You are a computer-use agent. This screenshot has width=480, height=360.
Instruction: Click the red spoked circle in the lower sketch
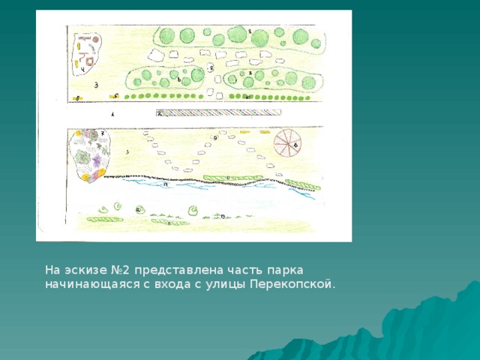click(x=284, y=143)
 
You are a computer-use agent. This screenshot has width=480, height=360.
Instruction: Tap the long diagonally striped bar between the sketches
click(x=218, y=112)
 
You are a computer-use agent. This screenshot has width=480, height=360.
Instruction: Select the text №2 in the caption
click(x=113, y=269)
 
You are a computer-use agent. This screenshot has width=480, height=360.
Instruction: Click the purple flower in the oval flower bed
click(x=96, y=160)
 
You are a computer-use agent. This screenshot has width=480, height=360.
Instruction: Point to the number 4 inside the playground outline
click(x=82, y=70)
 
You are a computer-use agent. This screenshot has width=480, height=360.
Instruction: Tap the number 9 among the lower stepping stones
click(x=215, y=138)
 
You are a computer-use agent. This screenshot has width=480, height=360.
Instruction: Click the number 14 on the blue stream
click(x=165, y=184)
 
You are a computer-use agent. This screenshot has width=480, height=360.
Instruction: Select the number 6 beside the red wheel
click(x=296, y=145)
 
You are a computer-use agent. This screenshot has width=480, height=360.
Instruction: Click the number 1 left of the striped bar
click(x=113, y=115)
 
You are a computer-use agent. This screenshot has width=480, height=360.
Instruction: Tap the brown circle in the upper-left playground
click(x=96, y=37)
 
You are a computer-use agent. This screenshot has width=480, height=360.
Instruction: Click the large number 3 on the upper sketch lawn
click(x=97, y=85)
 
